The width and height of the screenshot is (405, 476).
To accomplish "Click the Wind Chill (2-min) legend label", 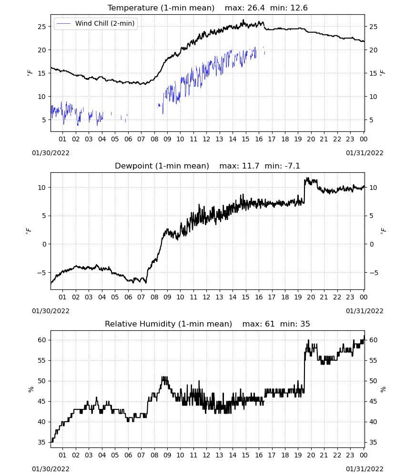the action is [x=105, y=23].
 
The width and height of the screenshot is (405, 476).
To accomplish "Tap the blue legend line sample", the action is [x=64, y=23].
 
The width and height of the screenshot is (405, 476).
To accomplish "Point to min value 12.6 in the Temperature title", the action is [x=299, y=8].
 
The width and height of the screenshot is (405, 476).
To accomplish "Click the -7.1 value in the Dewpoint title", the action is [x=292, y=166].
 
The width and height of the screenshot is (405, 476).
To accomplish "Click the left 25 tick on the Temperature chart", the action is [x=42, y=27].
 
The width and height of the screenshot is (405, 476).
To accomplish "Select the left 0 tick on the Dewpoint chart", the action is [x=44, y=244].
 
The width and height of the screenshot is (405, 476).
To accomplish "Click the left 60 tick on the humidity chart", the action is [x=42, y=340].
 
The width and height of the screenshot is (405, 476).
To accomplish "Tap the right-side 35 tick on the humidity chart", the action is [x=374, y=442].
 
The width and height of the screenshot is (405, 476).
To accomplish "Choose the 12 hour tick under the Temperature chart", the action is [x=206, y=139].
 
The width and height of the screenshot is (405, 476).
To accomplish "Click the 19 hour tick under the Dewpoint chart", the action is [x=298, y=297].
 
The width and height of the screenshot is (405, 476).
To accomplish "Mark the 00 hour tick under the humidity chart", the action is [x=364, y=455].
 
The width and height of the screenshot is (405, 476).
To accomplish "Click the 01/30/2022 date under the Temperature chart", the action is [x=51, y=153].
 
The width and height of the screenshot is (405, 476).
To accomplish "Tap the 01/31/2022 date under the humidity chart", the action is [x=364, y=469].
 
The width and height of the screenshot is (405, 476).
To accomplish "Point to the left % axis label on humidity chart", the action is [x=30, y=389].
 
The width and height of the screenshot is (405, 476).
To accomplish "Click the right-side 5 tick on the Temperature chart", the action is [x=371, y=120].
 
